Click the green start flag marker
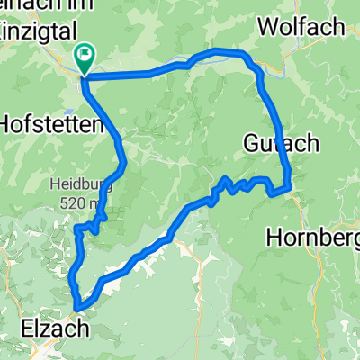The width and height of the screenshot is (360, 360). [x=85, y=58]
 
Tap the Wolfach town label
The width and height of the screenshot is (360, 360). [x=301, y=26]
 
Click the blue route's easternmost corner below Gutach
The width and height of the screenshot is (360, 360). [x=291, y=188]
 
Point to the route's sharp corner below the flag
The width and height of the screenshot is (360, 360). [x=83, y=79]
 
